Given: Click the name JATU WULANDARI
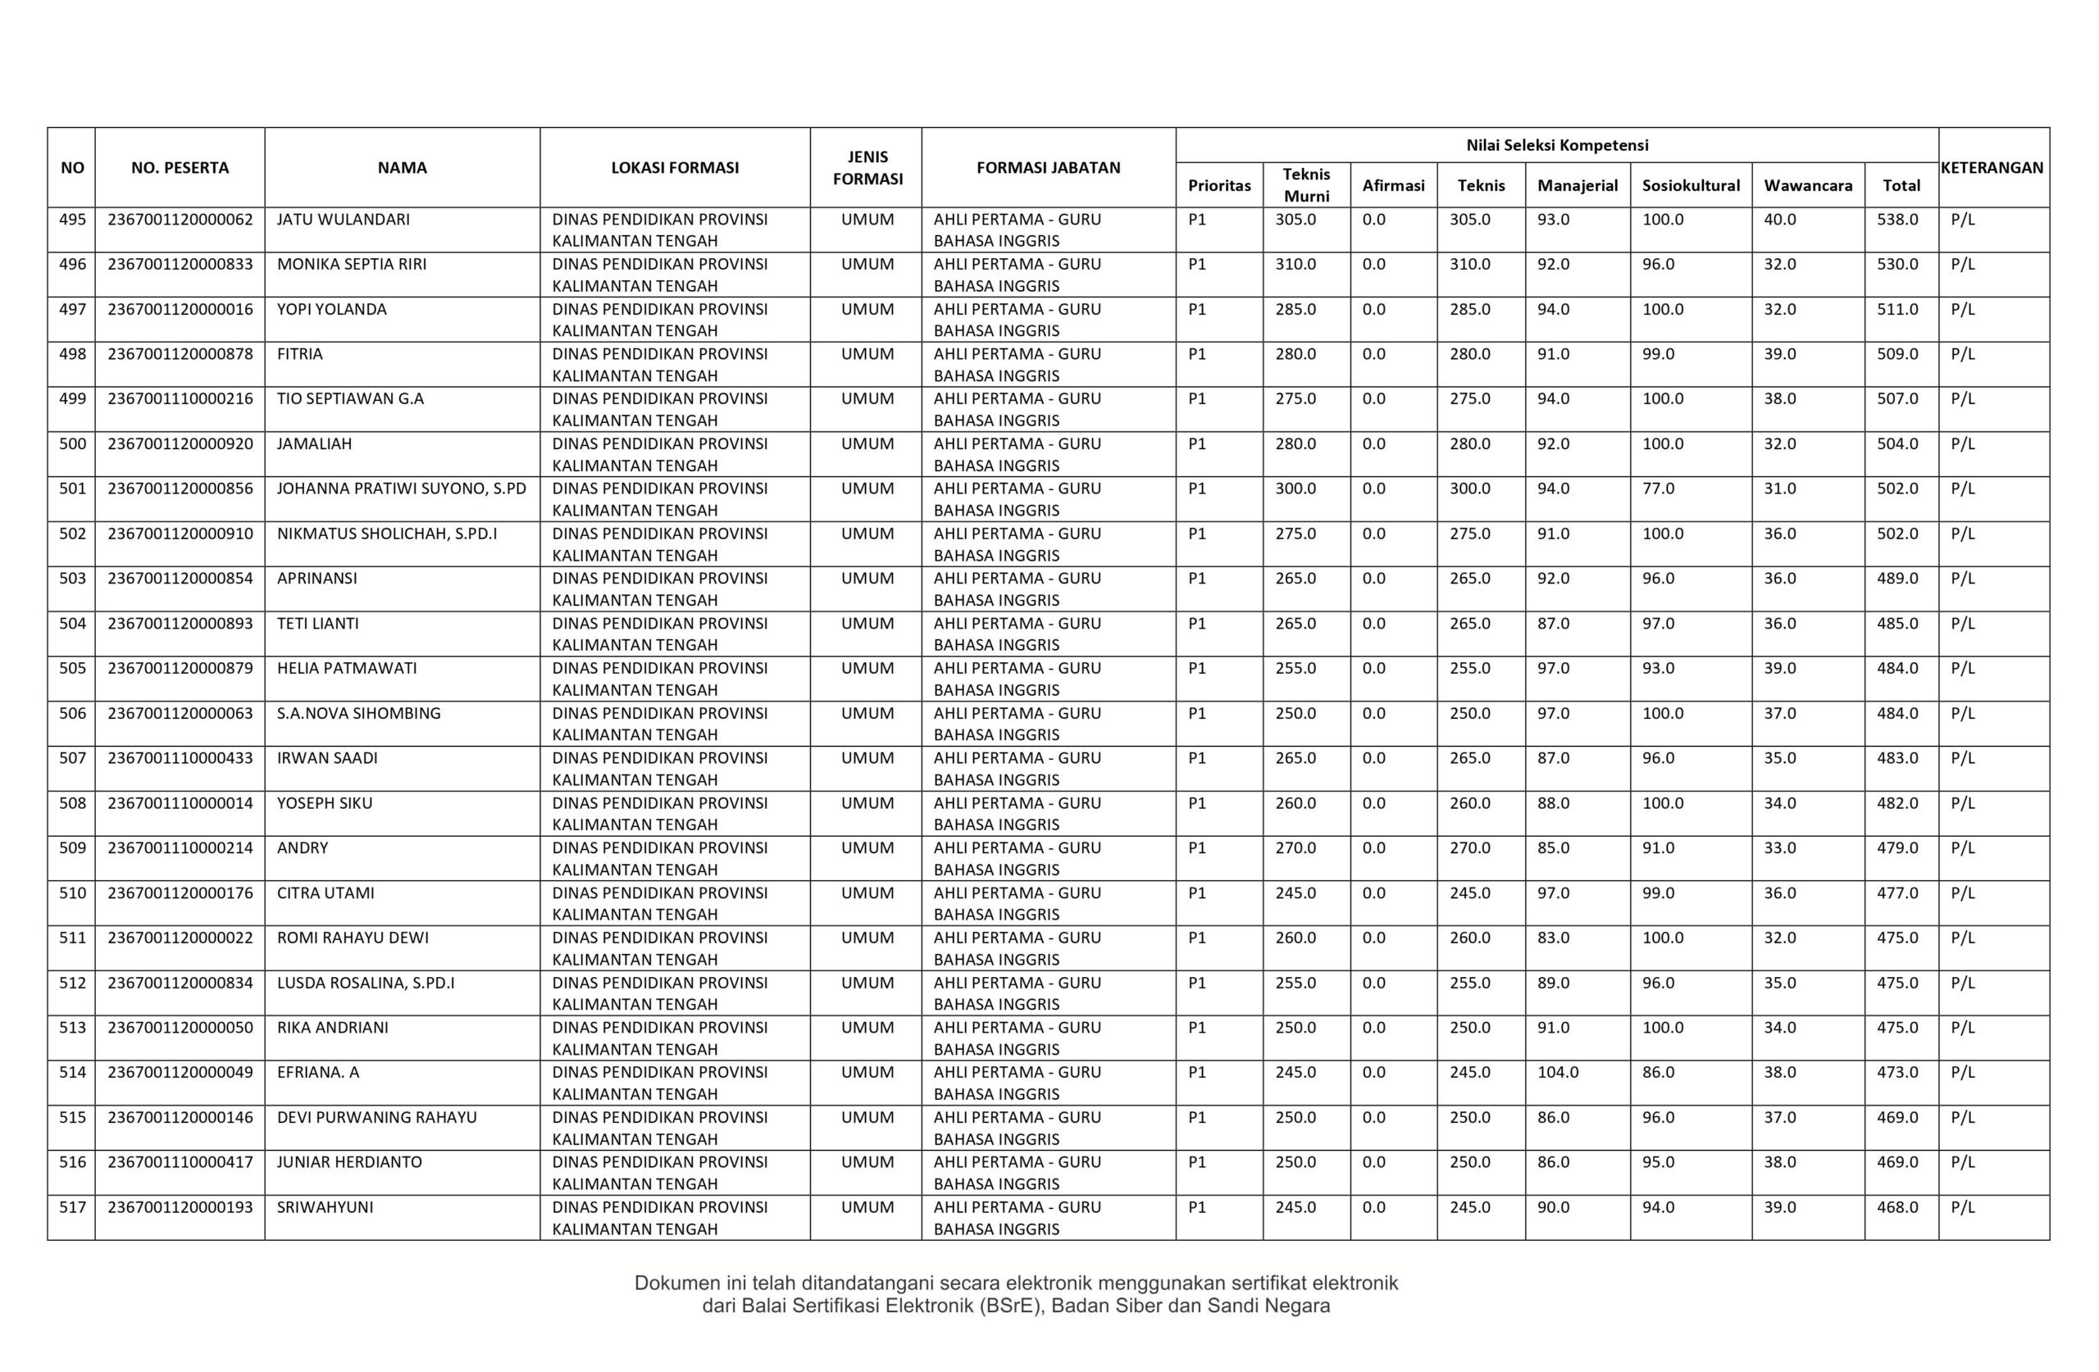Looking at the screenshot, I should tap(343, 220).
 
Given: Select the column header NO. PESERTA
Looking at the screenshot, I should tap(180, 167).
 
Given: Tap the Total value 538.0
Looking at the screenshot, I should tap(1897, 220).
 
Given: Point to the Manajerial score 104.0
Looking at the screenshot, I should tap(1558, 1072).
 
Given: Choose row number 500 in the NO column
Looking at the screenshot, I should tap(72, 443).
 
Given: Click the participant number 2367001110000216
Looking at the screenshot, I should tap(180, 398).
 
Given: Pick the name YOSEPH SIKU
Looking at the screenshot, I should tap(325, 803).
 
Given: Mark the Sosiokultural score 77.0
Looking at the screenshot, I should tap(1658, 488).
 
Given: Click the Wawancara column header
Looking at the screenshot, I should tap(1808, 186).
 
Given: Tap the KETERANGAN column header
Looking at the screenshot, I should tap(1992, 167).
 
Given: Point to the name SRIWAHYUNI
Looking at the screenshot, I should tap(325, 1207).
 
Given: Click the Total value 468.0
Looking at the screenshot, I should tap(1897, 1207).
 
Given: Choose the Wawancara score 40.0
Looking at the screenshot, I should tap(1780, 220).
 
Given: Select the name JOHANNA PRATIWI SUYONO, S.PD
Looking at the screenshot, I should tap(401, 488).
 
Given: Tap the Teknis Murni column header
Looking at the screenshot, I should tap(1306, 185).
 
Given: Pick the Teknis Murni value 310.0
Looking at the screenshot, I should tap(1295, 265).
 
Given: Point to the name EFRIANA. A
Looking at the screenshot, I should tap(317, 1072).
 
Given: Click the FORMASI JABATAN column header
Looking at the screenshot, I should tap(1048, 167).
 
